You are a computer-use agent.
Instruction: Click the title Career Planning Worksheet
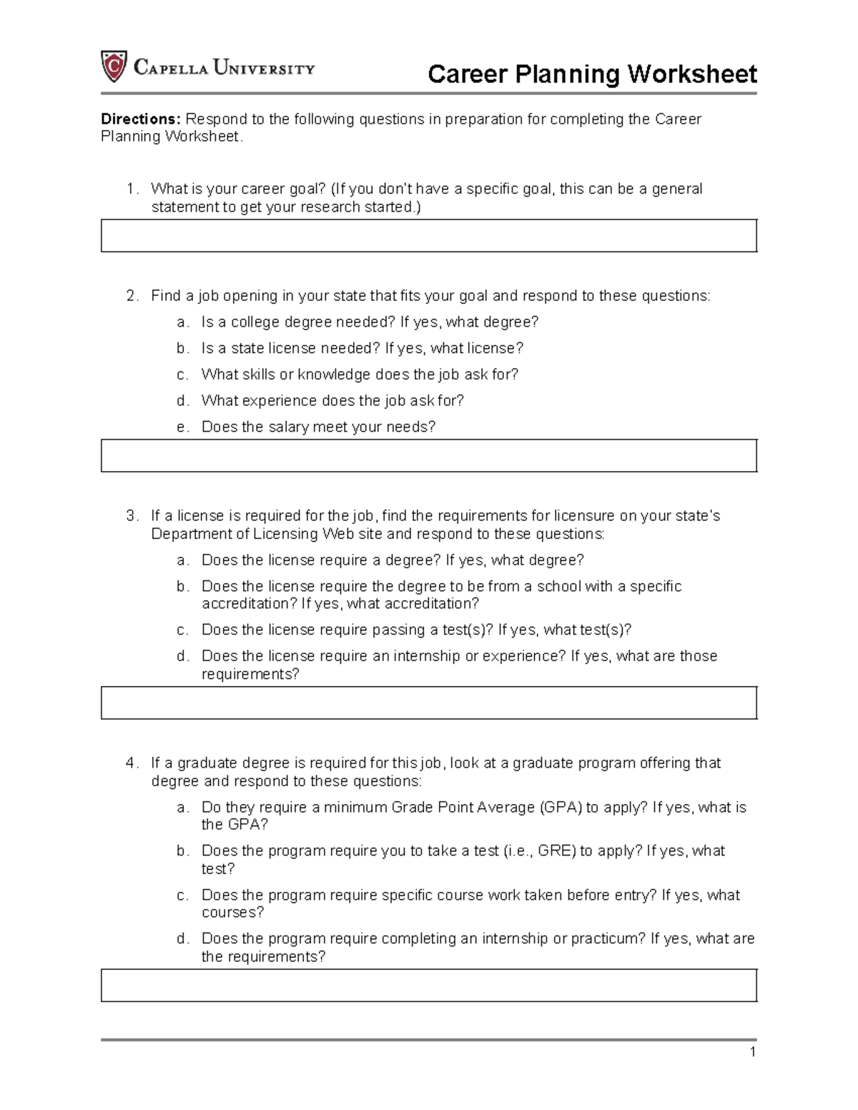coord(591,74)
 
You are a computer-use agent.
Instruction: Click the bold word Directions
coord(140,119)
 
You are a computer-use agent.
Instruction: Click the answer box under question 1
coord(428,236)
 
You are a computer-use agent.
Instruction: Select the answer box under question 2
coord(428,456)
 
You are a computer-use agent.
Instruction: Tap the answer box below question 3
coord(428,703)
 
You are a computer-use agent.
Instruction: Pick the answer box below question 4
coord(428,986)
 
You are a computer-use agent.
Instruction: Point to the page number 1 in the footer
coord(752,1052)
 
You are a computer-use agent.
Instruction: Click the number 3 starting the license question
coord(130,516)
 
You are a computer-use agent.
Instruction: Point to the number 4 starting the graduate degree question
coord(130,763)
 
